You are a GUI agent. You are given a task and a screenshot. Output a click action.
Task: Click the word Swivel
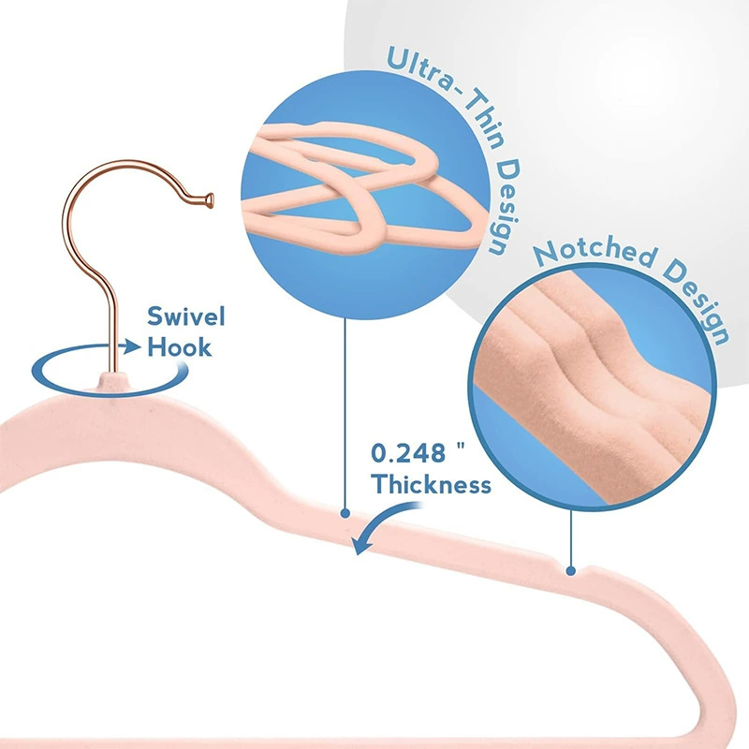[x=185, y=316]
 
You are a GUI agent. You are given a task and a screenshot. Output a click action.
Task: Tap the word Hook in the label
[x=179, y=346]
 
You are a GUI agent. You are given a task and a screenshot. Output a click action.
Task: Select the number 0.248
[x=408, y=453]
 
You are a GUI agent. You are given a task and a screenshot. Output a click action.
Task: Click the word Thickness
[x=431, y=484]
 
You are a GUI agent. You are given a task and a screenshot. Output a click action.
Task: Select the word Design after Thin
[x=505, y=208]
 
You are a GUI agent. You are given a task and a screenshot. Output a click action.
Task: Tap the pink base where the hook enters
[x=112, y=383]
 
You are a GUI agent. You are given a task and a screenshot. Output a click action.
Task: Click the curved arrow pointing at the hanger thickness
[x=382, y=524]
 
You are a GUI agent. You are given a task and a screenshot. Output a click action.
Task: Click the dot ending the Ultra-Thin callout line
[x=345, y=513]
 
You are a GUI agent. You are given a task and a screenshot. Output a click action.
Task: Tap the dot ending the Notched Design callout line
[x=571, y=570]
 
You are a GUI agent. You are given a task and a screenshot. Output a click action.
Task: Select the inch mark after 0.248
[x=461, y=447]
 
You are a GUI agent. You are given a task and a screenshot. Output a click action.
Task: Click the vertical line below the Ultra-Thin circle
[x=345, y=414]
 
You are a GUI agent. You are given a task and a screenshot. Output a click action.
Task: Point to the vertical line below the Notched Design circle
[x=571, y=537]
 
